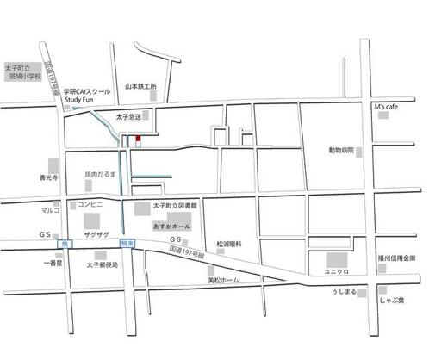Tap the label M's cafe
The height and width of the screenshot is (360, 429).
click(x=386, y=106)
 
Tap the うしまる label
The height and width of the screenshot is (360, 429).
click(x=344, y=294)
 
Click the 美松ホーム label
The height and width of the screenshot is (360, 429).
click(x=224, y=281)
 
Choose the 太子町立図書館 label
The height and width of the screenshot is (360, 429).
click(x=176, y=207)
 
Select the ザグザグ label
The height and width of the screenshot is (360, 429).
click(x=93, y=235)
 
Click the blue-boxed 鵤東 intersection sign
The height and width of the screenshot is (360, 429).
click(x=127, y=245)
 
